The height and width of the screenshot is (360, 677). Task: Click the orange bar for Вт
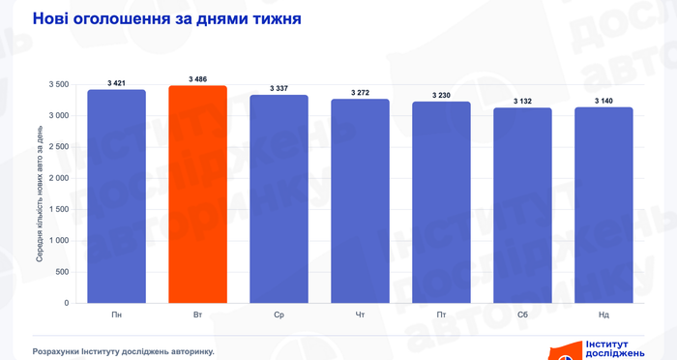(x=197, y=195)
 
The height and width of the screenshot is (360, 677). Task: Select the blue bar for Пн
(x=117, y=196)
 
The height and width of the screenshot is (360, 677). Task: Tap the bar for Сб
(x=522, y=205)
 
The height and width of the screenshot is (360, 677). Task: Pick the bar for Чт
(x=360, y=201)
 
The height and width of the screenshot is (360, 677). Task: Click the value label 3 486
(x=197, y=79)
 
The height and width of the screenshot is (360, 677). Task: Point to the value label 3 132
(x=522, y=101)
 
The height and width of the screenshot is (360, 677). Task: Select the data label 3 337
(x=279, y=88)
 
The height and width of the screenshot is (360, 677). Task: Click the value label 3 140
(x=603, y=101)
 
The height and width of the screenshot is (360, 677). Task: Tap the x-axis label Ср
(x=279, y=315)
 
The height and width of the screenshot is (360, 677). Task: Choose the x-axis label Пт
(x=441, y=315)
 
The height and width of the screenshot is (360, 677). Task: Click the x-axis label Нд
(x=603, y=315)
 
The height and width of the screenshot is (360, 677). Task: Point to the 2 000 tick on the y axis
(x=59, y=178)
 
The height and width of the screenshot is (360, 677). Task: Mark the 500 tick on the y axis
(x=63, y=272)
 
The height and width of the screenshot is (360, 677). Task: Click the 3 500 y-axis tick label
(x=59, y=84)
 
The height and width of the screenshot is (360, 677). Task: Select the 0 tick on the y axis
(x=67, y=303)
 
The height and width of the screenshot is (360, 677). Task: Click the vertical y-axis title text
(x=40, y=195)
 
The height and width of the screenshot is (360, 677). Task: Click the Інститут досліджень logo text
(x=615, y=349)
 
